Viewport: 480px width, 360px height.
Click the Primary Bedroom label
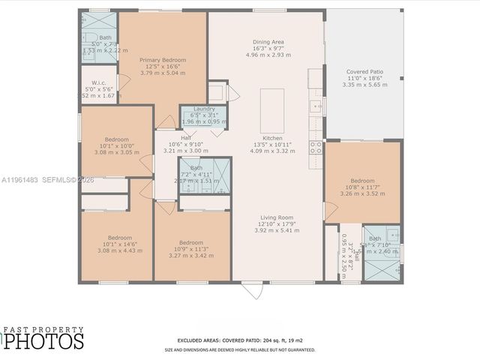pos(162,60)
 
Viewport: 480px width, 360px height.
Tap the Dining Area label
pos(268,41)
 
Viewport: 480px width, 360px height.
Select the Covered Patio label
pos(364,71)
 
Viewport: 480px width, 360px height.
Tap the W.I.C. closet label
pos(98,83)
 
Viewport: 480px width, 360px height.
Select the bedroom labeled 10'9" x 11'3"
pos(190,242)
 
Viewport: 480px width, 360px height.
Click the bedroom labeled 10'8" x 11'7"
pos(363,181)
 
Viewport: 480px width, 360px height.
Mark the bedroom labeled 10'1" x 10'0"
pos(116,139)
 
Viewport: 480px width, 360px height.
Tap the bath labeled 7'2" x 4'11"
pos(196,168)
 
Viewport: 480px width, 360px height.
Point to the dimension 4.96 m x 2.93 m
pos(268,55)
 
